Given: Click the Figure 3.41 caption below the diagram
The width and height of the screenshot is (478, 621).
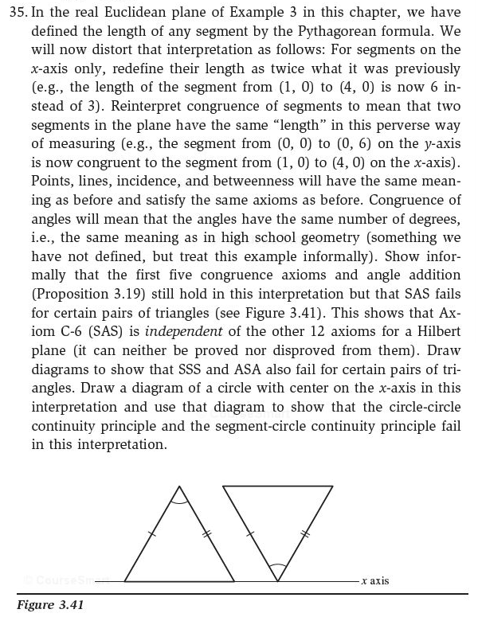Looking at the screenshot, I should pos(49,606).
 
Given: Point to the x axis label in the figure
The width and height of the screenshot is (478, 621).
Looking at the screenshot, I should pos(374,581).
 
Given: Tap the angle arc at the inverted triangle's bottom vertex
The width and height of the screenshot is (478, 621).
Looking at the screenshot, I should pos(276,568).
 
